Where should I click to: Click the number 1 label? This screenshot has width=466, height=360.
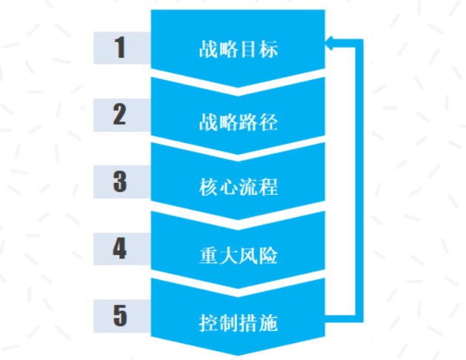(120, 47)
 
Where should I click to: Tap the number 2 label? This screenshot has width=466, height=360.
(119, 114)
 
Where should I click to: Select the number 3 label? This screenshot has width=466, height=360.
(120, 181)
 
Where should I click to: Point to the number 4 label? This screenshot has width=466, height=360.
(119, 248)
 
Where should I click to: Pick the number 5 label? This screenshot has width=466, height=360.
(120, 316)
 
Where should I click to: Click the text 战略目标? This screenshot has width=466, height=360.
(239, 49)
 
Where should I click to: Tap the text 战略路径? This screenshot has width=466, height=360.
(239, 122)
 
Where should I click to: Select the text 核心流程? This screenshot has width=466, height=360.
(239, 187)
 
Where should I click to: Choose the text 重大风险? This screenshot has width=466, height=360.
(239, 256)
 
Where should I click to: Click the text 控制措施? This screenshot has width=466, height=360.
(239, 323)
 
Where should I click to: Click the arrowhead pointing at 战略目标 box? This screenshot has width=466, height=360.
(329, 43)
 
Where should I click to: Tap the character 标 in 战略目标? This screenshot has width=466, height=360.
(268, 49)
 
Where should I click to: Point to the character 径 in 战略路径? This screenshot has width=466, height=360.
(268, 122)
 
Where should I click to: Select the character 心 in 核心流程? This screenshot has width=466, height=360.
(228, 187)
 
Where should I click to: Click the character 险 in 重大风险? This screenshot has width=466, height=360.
(268, 256)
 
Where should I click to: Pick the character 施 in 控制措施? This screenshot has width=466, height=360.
(268, 323)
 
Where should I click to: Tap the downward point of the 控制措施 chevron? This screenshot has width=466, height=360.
(238, 356)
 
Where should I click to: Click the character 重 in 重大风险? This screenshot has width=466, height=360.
(209, 256)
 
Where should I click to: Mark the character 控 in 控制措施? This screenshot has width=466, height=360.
(209, 323)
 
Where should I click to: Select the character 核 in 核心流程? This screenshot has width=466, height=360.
(209, 187)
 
